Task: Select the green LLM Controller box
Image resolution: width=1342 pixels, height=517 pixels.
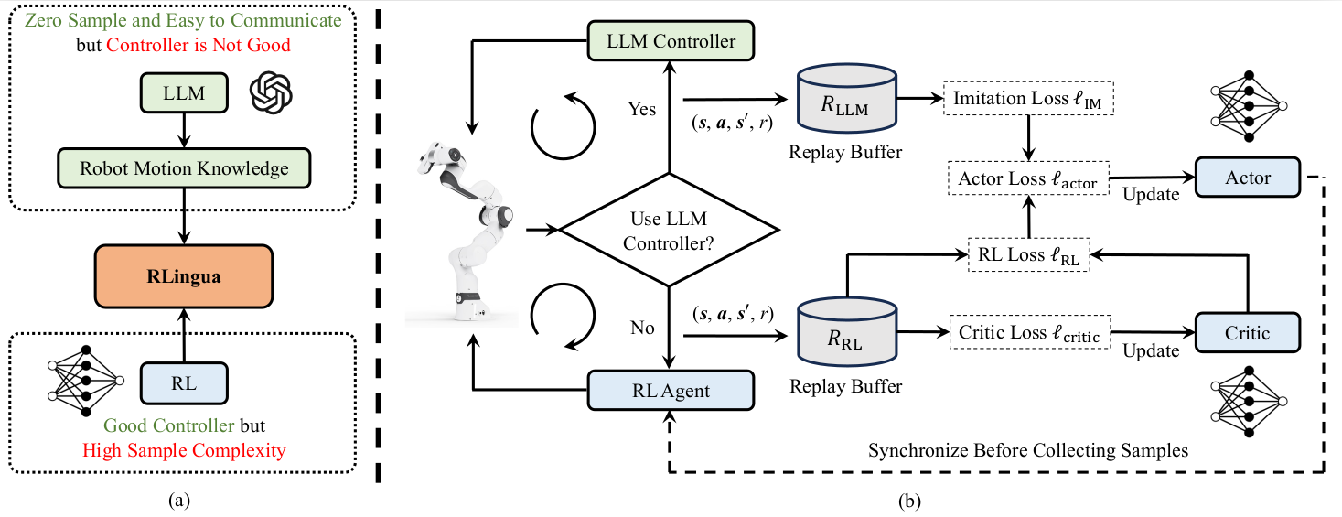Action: tap(672, 41)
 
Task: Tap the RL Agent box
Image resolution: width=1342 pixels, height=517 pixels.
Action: tap(672, 392)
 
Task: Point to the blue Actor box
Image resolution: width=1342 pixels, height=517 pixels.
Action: tap(1248, 178)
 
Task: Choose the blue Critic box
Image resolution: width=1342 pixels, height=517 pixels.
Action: tap(1248, 333)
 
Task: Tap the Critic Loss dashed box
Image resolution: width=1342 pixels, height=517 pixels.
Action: tap(1029, 333)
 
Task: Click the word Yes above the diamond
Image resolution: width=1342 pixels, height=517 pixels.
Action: tap(641, 109)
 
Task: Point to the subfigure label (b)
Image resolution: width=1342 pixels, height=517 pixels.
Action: tap(908, 501)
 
